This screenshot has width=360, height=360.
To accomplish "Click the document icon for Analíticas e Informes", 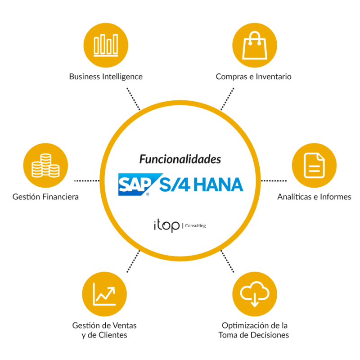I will coord(314,165).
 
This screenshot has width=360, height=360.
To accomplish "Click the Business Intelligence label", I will coord(106,76).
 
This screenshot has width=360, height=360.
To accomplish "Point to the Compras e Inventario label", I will coord(254,76).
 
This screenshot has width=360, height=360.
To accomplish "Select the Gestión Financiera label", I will coord(46,197).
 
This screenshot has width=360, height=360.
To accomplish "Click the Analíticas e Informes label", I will coord(314,197).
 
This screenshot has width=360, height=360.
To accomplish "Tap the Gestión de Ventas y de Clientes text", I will coord(104,330).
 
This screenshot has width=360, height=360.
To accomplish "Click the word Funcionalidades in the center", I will coord(180,159).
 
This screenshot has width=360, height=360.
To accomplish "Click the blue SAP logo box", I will coord(134,184).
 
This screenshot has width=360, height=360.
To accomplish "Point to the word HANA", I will coord(220,184).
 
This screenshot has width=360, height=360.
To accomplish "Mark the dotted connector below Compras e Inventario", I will coord(227,99).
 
